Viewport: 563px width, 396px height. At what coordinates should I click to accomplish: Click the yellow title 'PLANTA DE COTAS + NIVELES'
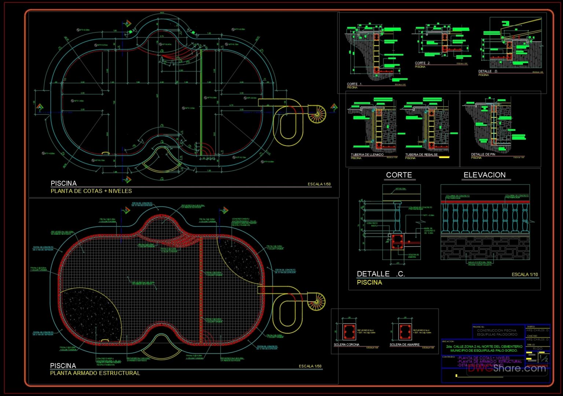point(91,191)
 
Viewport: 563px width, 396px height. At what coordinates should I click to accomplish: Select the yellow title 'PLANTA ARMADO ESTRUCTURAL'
point(95,373)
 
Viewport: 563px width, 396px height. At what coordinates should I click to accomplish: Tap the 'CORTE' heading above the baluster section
point(399,175)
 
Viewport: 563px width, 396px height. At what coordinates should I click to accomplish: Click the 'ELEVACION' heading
point(485,175)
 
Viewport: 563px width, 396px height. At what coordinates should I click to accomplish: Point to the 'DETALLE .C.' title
point(380,274)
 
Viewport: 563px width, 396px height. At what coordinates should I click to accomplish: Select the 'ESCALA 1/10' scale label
point(525,275)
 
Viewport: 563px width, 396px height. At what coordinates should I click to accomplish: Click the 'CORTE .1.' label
point(354,84)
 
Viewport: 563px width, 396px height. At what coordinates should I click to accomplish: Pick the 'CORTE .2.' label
point(423,63)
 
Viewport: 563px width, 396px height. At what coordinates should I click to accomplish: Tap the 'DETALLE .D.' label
point(488,71)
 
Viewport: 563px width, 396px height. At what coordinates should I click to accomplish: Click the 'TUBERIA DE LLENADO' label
point(367,155)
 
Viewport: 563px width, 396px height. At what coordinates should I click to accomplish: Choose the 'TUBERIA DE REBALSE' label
point(421,155)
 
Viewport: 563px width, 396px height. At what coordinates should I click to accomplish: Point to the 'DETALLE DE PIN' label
point(483,154)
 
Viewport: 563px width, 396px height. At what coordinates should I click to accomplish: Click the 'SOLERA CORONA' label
point(346,345)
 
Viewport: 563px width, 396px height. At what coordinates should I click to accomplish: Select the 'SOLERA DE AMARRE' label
point(404,345)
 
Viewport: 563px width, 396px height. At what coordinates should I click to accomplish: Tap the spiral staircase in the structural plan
point(316,301)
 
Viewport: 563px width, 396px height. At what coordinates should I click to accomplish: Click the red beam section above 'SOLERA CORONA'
point(349,332)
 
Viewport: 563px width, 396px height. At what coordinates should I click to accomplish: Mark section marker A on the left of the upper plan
point(40,107)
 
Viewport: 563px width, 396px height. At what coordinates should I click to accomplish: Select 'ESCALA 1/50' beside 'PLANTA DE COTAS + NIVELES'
point(319,184)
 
